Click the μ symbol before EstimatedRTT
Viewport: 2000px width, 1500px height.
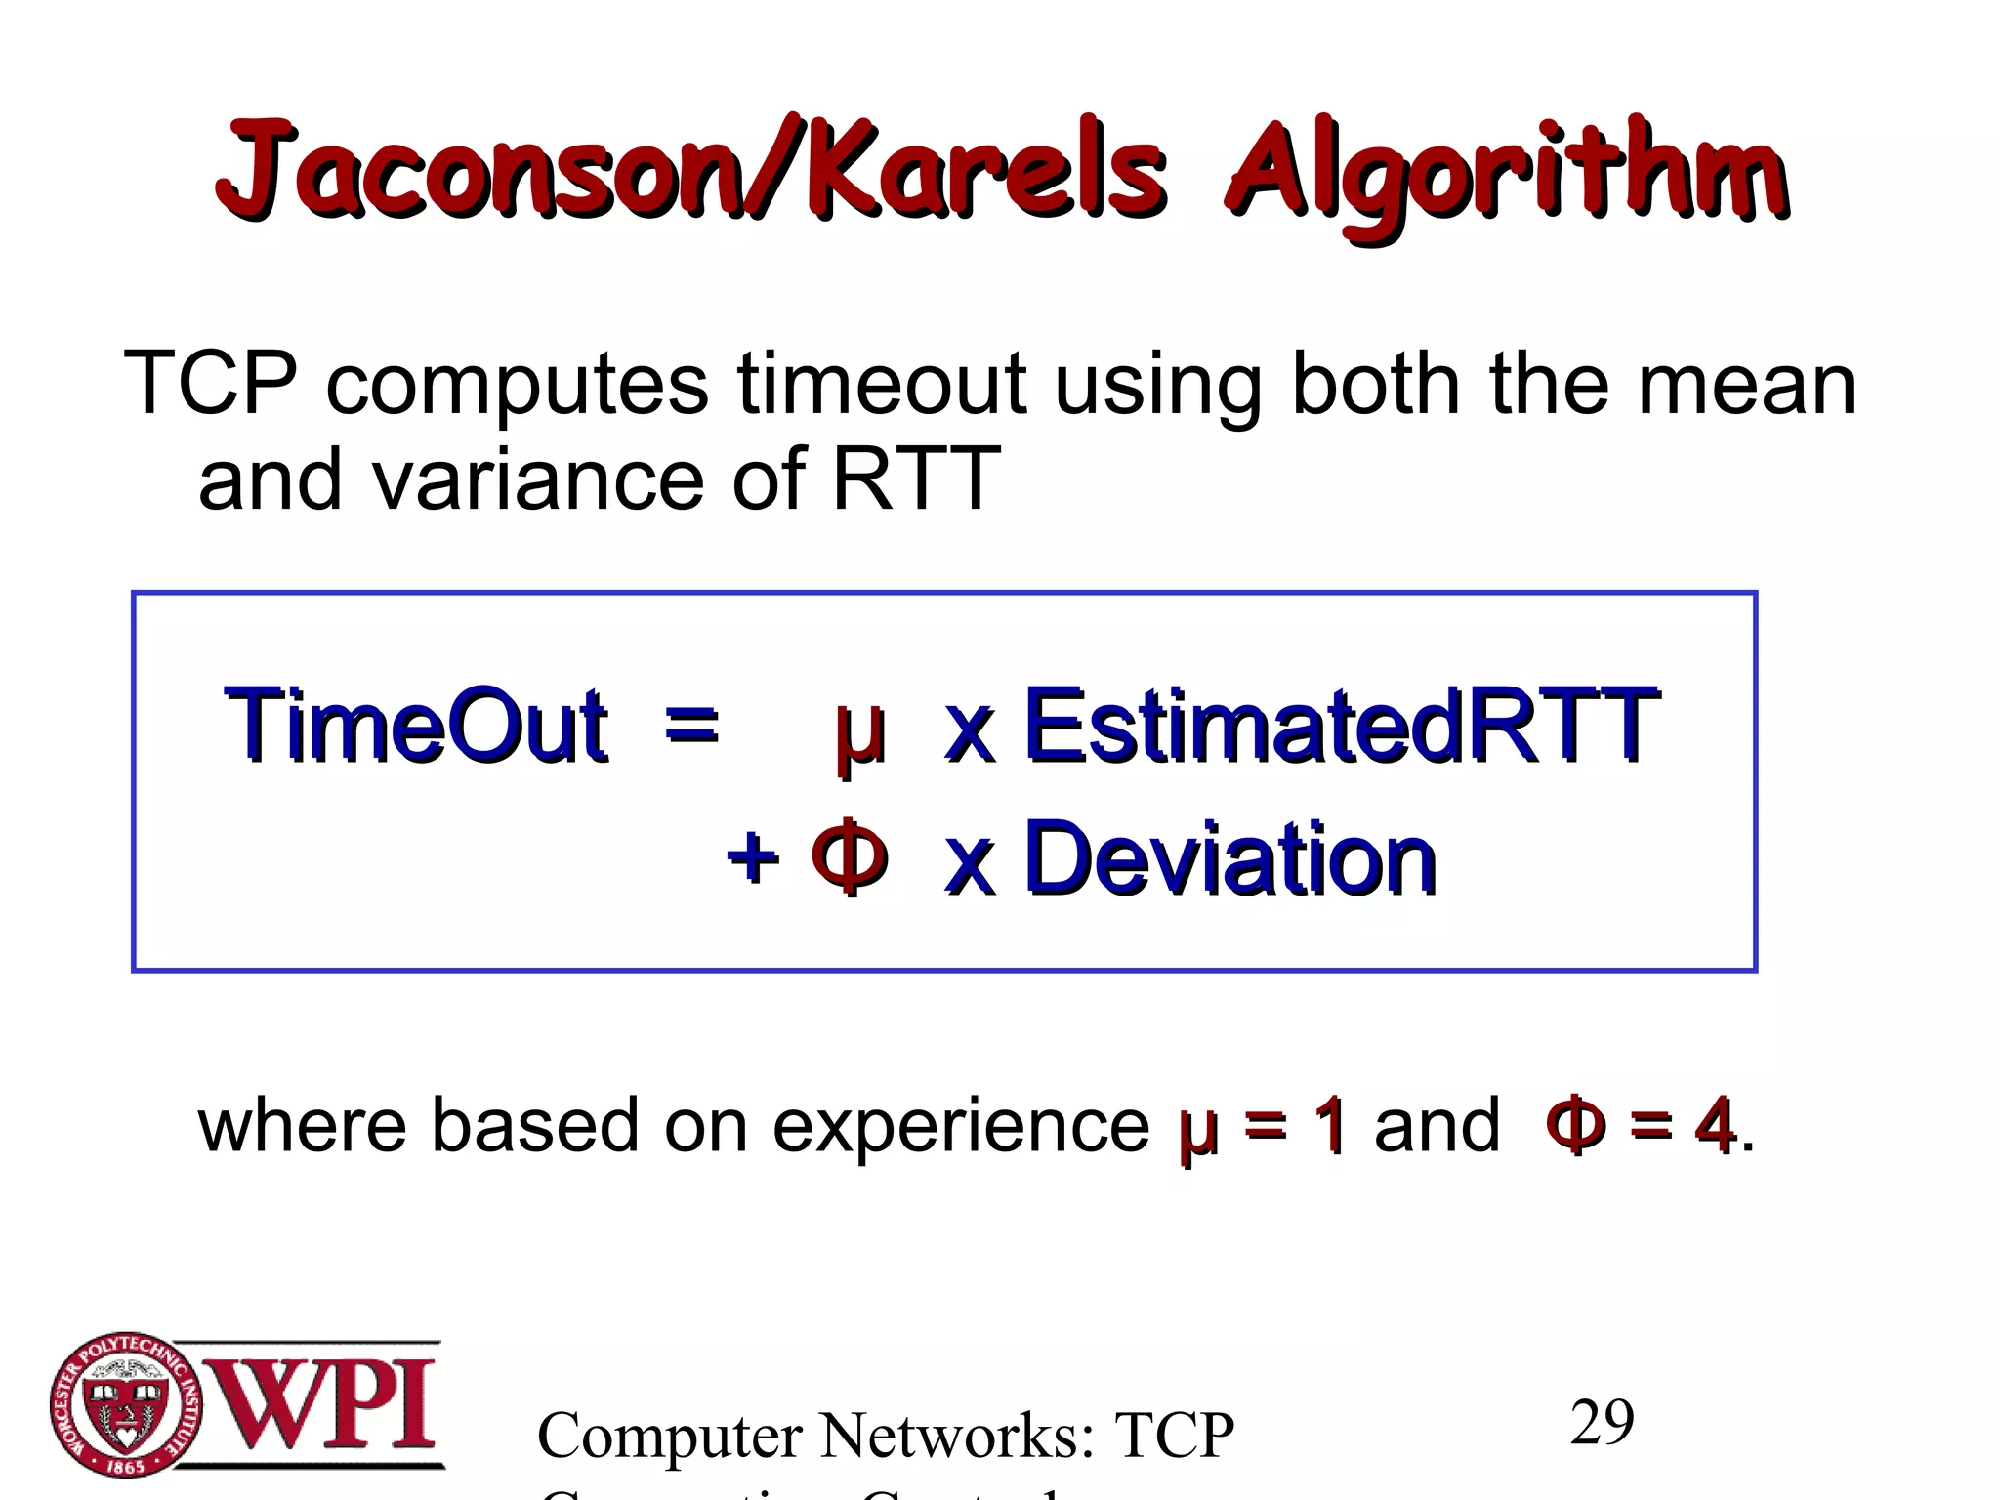(860, 732)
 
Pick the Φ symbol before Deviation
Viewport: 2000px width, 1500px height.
(850, 856)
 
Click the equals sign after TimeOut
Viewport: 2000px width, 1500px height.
(691, 726)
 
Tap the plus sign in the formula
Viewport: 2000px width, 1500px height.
(753, 858)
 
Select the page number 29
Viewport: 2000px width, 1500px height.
(1602, 1423)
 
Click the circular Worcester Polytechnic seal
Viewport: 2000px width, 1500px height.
(126, 1405)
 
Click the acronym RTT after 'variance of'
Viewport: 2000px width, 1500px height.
(915, 479)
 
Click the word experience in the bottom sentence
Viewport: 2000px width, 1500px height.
(961, 1125)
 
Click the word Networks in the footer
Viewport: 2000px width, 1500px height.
(956, 1436)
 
